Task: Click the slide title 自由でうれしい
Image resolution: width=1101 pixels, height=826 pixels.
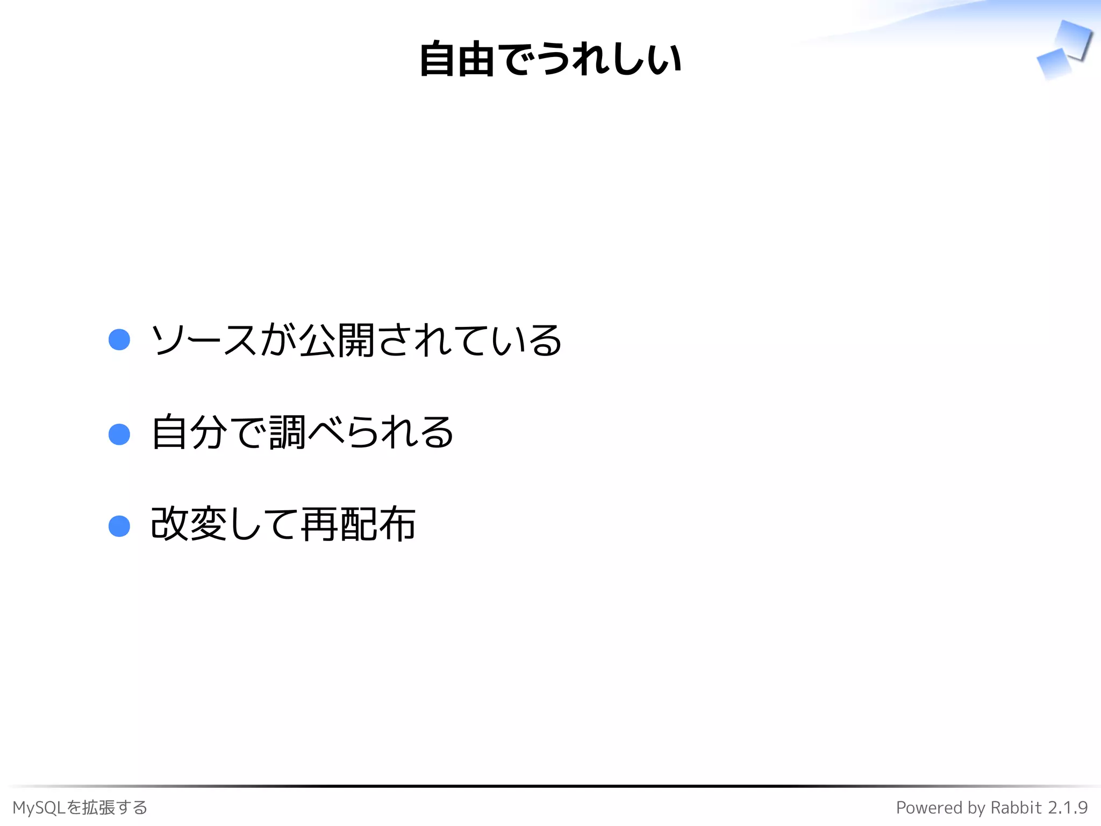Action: pos(550,59)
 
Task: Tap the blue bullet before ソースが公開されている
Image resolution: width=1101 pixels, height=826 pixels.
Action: pos(119,340)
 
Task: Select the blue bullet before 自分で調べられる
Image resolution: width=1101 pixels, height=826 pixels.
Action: pos(119,434)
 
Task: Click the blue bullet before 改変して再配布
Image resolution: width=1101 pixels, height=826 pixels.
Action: pos(119,526)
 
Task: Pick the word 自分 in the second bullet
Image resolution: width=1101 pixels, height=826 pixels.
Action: pos(189,433)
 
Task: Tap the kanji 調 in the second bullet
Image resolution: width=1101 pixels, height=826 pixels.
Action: pos(288,433)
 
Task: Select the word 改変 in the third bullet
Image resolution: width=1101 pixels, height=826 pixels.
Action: pos(189,524)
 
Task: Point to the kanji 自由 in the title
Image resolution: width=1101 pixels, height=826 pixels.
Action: pos(457,59)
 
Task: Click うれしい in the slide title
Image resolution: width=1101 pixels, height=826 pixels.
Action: pos(610,59)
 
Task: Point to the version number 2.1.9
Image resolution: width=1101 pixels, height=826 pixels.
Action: pos(1068,808)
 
